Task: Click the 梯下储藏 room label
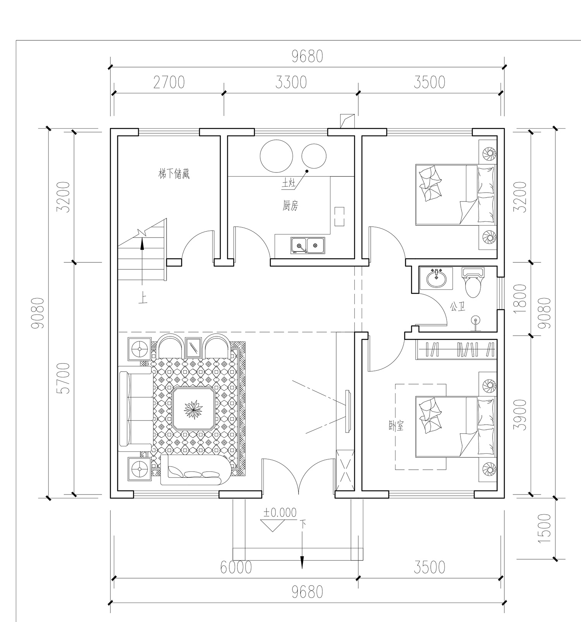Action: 174,174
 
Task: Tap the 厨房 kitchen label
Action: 290,206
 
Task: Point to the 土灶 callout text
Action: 289,184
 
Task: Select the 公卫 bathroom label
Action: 457,307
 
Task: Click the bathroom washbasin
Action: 437,278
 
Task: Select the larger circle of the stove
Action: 277,156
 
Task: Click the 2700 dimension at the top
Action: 169,83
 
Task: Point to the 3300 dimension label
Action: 291,83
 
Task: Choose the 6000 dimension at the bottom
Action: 236,568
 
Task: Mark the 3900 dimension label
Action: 522,415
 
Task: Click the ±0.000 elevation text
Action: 280,513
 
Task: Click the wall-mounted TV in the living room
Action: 348,411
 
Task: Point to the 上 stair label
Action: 143,299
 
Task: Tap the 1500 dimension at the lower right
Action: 544,528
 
